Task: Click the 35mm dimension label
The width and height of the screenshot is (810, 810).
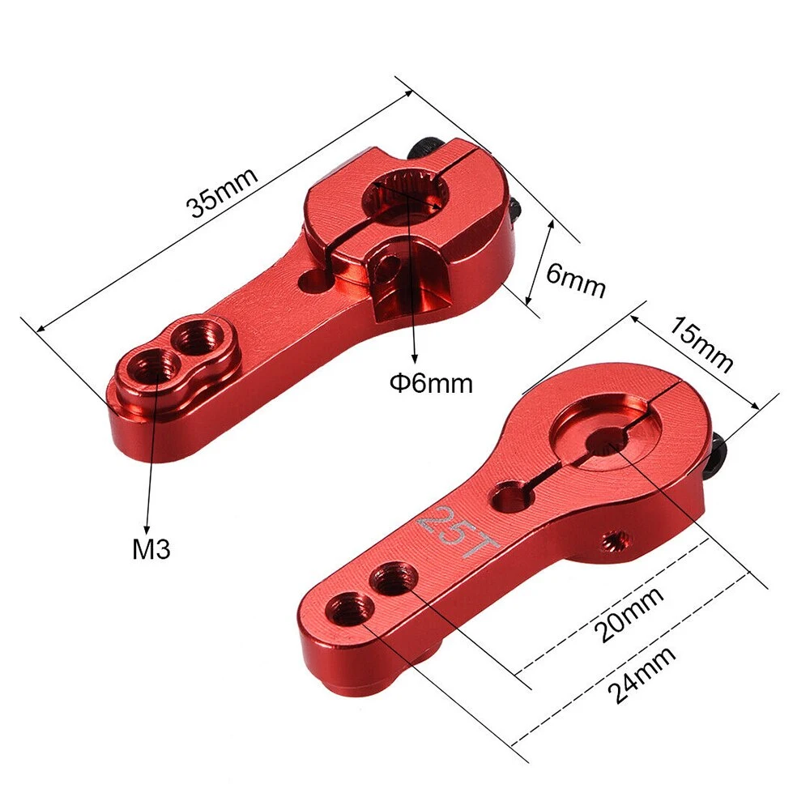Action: (x=222, y=193)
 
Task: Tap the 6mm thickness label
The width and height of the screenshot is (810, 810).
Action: (x=575, y=279)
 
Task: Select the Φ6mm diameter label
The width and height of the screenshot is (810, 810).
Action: (x=430, y=382)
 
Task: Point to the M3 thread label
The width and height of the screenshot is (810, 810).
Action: (x=151, y=550)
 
